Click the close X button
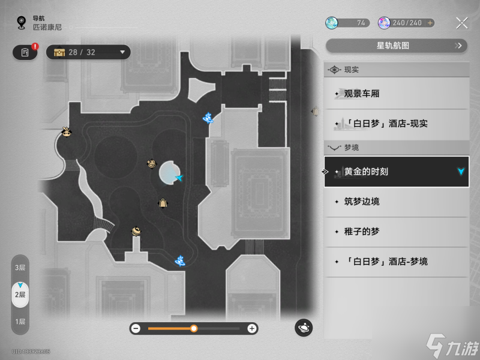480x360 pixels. pyautogui.click(x=461, y=23)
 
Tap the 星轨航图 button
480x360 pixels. pyautogui.click(x=396, y=46)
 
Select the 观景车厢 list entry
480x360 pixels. pyautogui.click(x=396, y=94)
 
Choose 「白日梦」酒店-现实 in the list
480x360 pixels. pyautogui.click(x=396, y=124)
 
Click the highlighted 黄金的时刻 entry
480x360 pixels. pyautogui.click(x=396, y=172)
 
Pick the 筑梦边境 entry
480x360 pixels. pyautogui.click(x=396, y=202)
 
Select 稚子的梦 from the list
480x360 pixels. pyautogui.click(x=396, y=232)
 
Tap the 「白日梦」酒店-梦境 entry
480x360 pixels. pyautogui.click(x=396, y=262)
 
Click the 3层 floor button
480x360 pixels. pyautogui.click(x=20, y=267)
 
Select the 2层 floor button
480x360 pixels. pyautogui.click(x=20, y=294)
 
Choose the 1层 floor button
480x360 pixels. pyautogui.click(x=20, y=322)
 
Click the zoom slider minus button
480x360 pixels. pyautogui.click(x=136, y=328)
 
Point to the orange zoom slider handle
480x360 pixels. pyautogui.click(x=194, y=328)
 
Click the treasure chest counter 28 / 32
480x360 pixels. pyautogui.click(x=88, y=52)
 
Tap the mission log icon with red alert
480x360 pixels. pyautogui.click(x=25, y=52)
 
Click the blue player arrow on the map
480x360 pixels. pyautogui.click(x=178, y=178)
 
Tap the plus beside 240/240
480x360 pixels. pyautogui.click(x=430, y=23)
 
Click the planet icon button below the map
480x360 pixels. pyautogui.click(x=304, y=328)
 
